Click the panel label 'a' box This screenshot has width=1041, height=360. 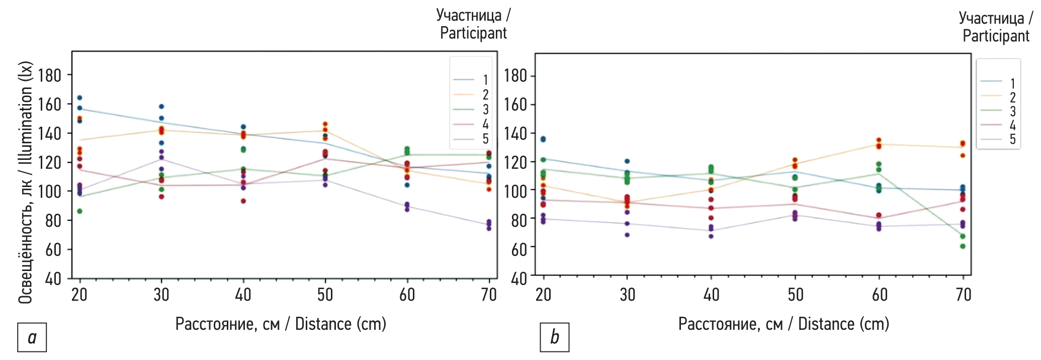point(32,337)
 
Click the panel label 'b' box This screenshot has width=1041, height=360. point(555,337)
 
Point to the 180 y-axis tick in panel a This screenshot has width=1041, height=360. point(50,75)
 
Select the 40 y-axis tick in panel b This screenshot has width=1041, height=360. point(519,278)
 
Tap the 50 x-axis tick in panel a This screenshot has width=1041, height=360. point(325,295)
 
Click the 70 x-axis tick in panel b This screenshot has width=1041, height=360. point(963,295)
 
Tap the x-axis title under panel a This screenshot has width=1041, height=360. point(281,324)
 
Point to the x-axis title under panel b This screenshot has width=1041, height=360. point(784,324)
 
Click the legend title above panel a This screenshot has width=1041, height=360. point(473,24)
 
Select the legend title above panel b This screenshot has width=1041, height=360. point(996,27)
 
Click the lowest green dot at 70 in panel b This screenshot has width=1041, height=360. point(963,246)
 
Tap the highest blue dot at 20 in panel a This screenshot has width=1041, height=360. point(79,98)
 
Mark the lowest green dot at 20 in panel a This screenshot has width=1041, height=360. point(79,211)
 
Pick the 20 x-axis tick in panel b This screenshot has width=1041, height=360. point(543,295)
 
